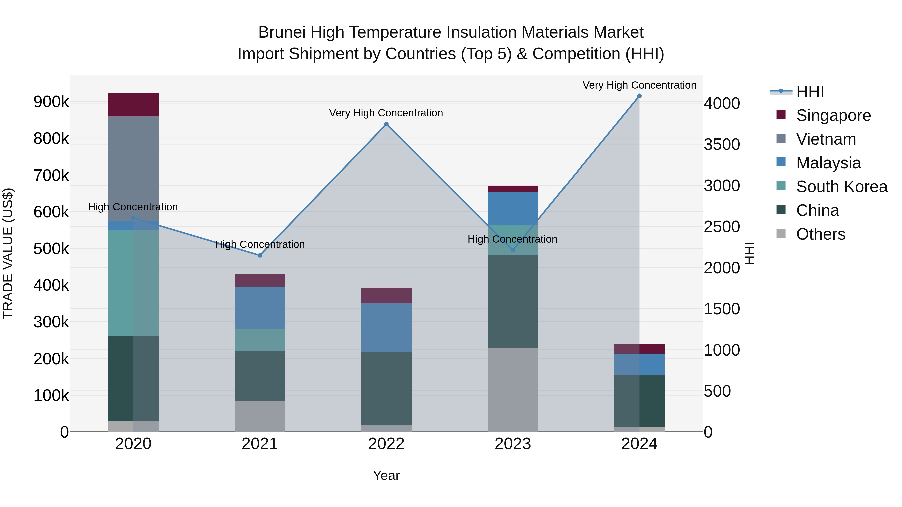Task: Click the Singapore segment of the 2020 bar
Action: pos(133,105)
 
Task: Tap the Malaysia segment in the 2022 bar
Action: pos(386,327)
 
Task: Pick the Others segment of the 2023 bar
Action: pos(513,389)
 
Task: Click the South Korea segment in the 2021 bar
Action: pos(260,340)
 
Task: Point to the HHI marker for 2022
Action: pos(386,124)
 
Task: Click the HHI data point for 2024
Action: pos(639,96)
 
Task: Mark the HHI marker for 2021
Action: pos(260,255)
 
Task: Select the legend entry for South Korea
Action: pos(841,187)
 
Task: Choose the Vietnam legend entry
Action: pos(826,139)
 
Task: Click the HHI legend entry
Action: pos(810,92)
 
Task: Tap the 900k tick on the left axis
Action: pos(51,102)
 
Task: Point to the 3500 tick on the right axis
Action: pos(722,144)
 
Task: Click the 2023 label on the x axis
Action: pos(513,444)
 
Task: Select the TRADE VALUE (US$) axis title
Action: pos(8,253)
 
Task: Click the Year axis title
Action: pos(386,475)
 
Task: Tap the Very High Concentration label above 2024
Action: pos(639,85)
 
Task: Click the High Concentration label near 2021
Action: pos(260,244)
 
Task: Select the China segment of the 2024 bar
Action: pos(639,401)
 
